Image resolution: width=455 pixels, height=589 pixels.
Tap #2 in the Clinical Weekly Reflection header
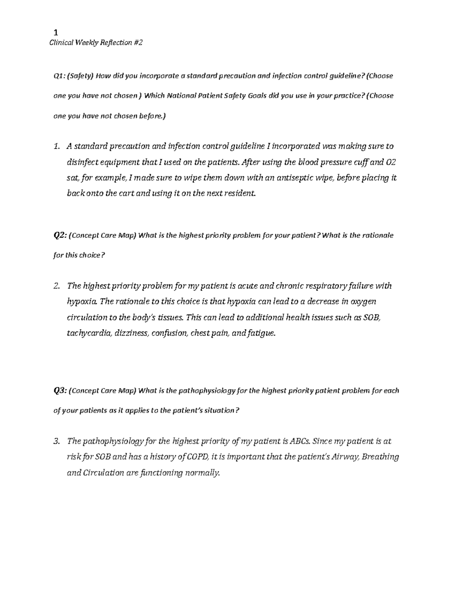[138, 43]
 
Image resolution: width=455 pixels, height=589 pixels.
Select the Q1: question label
[59, 76]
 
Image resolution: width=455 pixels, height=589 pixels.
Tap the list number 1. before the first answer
[57, 146]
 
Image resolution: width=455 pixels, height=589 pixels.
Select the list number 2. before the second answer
[57, 286]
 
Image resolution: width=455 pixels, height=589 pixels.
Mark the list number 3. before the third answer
[57, 441]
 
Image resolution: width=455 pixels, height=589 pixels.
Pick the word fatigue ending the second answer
[260, 334]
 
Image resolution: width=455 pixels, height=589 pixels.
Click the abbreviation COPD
[198, 457]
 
